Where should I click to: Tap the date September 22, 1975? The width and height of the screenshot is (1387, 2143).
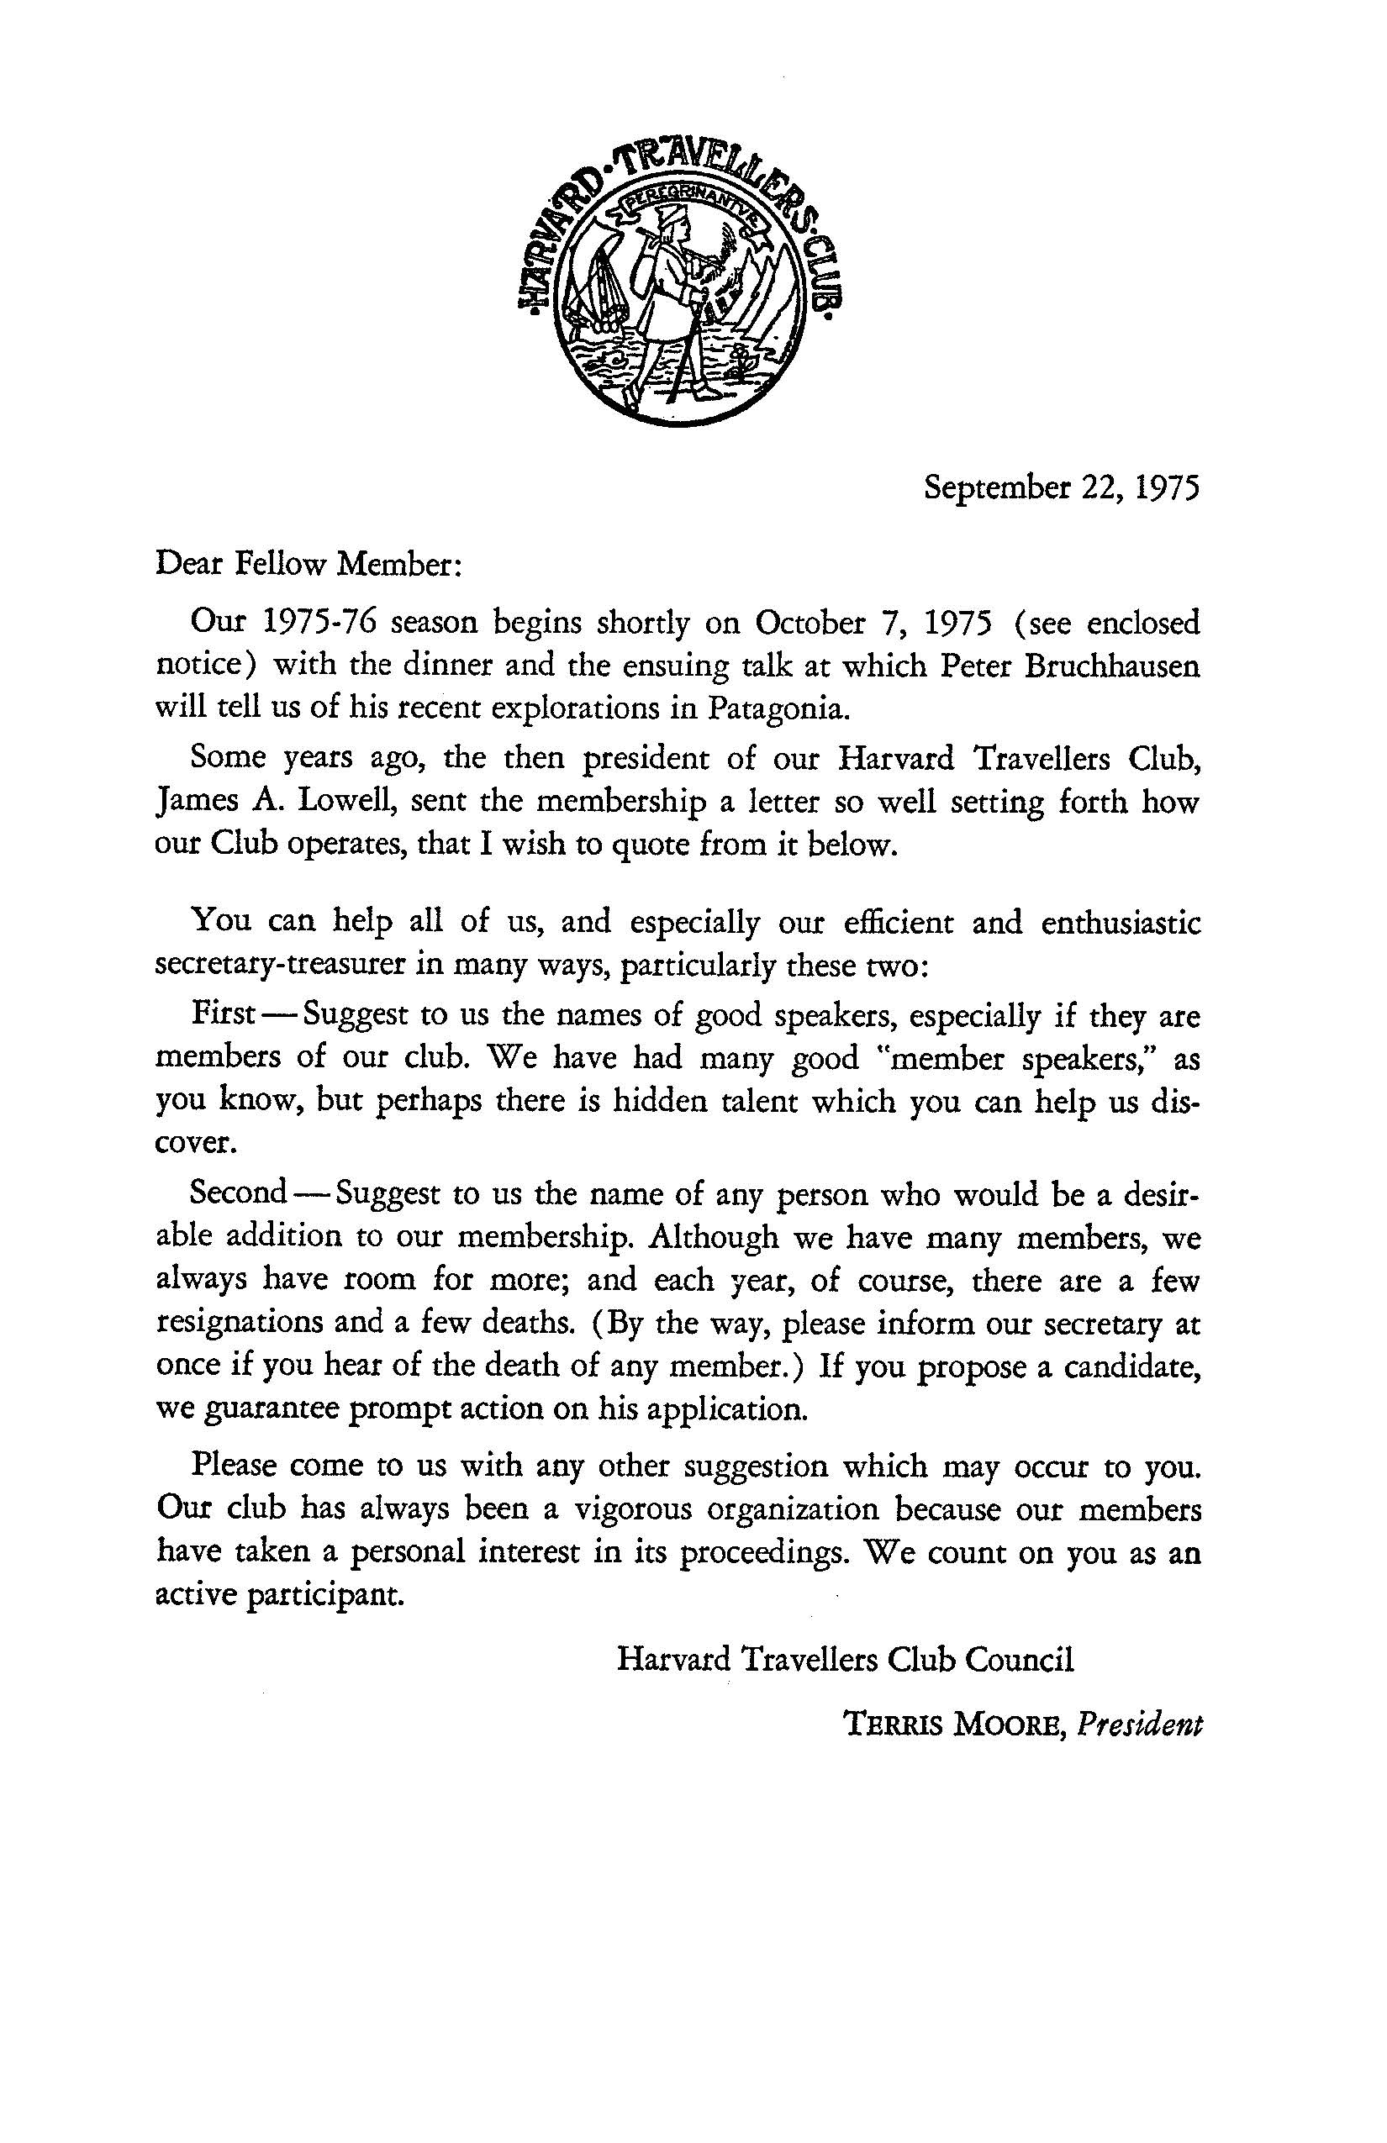point(1062,488)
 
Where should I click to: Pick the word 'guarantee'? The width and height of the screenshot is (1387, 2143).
point(272,1408)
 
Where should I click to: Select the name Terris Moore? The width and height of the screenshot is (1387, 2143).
point(953,1725)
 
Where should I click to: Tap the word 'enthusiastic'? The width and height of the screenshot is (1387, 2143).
point(1121,923)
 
